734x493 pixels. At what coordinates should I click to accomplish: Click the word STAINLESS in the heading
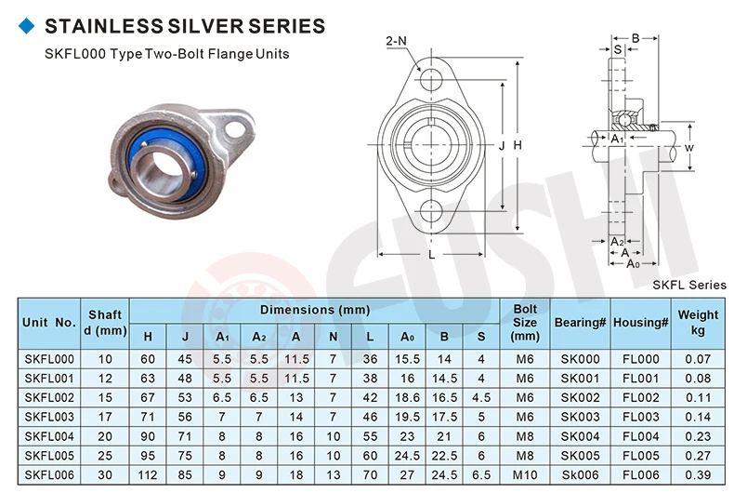(98, 26)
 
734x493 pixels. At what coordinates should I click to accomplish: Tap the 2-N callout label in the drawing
(395, 40)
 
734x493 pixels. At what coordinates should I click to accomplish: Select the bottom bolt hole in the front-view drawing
(431, 210)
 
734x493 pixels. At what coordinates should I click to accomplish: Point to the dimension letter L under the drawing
(432, 254)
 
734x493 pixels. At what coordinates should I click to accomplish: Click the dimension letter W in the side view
(688, 148)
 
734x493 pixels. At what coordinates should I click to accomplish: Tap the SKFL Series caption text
(689, 285)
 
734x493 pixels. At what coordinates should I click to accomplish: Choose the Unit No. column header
(49, 322)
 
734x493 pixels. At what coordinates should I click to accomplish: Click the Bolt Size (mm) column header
(525, 322)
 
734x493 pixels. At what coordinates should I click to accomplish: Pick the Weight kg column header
(698, 322)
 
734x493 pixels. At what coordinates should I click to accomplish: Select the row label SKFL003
(49, 416)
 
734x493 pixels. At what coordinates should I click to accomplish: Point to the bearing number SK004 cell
(581, 434)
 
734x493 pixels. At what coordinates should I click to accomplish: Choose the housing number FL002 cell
(641, 397)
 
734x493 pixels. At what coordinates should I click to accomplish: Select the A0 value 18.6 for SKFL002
(408, 397)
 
